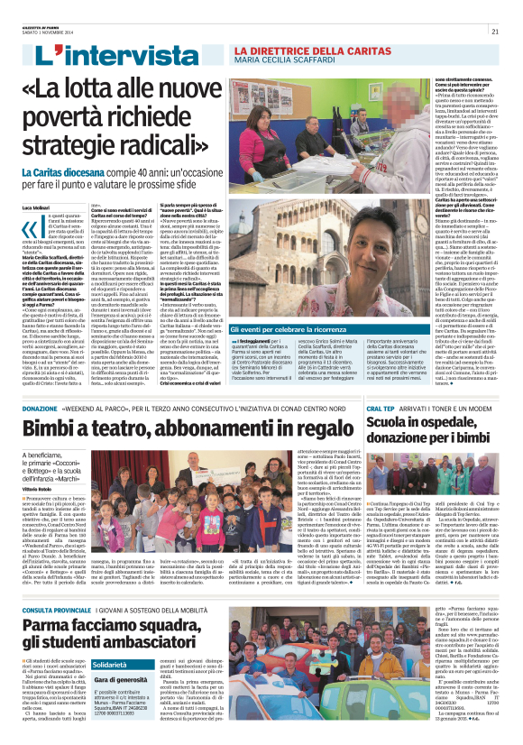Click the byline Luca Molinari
(x=35, y=208)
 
